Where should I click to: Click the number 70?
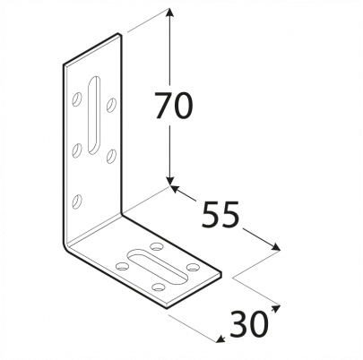click(x=174, y=105)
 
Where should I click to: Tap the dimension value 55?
click(x=220, y=214)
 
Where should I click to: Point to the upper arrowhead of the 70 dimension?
click(x=170, y=13)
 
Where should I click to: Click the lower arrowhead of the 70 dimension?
click(x=170, y=180)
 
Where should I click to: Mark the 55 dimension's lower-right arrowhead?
click(x=275, y=246)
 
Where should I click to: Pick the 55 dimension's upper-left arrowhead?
click(x=176, y=189)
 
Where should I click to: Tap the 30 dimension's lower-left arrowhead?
click(x=221, y=339)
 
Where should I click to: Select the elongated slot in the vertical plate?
click(x=94, y=116)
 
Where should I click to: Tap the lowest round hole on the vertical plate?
click(x=77, y=201)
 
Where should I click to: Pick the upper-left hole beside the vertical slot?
click(x=77, y=99)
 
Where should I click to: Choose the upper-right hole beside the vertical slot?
click(x=111, y=105)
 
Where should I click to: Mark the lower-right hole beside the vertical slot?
click(x=111, y=156)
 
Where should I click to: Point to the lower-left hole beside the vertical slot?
click(x=77, y=150)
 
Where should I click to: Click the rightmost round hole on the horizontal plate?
click(x=193, y=267)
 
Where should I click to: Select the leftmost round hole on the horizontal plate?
click(x=122, y=266)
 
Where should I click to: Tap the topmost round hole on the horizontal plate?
click(x=157, y=246)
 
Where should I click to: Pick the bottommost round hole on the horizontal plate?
click(x=159, y=287)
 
